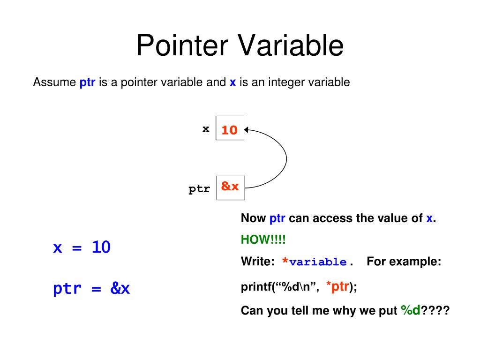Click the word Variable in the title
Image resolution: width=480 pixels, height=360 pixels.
pos(291,46)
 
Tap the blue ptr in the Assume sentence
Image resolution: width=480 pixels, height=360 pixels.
pos(88,83)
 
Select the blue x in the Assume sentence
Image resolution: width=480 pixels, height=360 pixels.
pos(232,83)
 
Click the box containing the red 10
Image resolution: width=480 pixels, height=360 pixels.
pos(230,128)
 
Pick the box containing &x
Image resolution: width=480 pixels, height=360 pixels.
pos(230,187)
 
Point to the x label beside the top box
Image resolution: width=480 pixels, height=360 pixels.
pos(206,129)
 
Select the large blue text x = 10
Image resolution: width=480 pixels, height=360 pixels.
pos(82,247)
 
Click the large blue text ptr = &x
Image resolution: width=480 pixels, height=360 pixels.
pos(91,288)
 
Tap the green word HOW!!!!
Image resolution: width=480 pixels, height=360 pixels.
pos(263,240)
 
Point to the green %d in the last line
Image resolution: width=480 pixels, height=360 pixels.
pos(411,310)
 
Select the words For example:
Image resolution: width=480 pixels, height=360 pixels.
pos(404,262)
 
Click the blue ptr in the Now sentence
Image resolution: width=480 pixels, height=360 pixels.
pos(277,218)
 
